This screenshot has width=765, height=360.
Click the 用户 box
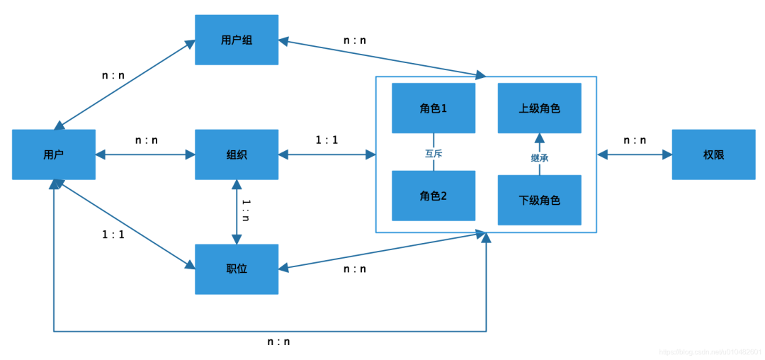click(54, 154)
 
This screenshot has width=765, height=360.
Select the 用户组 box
click(237, 40)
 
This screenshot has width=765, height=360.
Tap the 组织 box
click(237, 154)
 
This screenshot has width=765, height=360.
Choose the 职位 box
click(237, 269)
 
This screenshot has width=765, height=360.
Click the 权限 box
click(713, 154)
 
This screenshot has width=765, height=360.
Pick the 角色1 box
click(433, 108)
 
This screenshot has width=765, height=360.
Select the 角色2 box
click(433, 196)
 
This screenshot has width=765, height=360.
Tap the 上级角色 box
click(540, 108)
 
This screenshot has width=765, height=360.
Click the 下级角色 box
click(540, 201)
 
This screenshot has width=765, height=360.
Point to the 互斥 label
click(433, 152)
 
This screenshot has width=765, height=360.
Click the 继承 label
click(540, 158)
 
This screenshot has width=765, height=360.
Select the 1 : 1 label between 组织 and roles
click(327, 140)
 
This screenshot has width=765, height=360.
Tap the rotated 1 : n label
click(246, 210)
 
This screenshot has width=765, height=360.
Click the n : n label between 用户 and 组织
click(147, 140)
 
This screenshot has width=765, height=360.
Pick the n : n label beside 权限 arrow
click(635, 140)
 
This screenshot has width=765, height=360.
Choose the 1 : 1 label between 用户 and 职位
click(113, 235)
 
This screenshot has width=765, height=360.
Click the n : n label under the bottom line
click(278, 342)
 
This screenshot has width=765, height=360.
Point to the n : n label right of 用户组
click(355, 40)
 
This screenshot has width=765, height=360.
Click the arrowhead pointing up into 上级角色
click(539, 137)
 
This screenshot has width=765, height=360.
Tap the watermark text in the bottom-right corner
click(710, 352)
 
